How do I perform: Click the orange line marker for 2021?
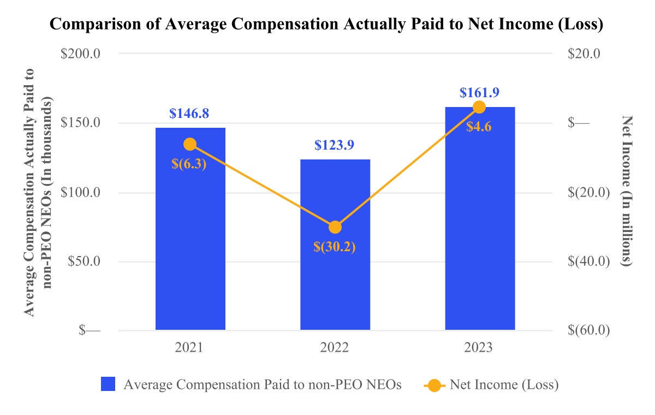click(x=190, y=144)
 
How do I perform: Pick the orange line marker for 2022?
click(x=335, y=227)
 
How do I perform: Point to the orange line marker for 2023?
click(x=479, y=107)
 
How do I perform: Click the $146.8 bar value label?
click(x=189, y=114)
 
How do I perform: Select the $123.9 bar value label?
click(x=335, y=145)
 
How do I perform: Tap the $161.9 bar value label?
click(x=480, y=92)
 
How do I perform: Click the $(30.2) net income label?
click(x=335, y=247)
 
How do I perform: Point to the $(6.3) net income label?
click(x=189, y=163)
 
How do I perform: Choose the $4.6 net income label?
click(x=479, y=127)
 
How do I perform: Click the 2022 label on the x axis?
click(x=335, y=348)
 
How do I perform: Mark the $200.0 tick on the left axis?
click(x=82, y=54)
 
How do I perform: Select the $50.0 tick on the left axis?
click(x=85, y=262)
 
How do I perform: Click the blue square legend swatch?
click(x=108, y=385)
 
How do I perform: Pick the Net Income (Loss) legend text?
click(x=504, y=385)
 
